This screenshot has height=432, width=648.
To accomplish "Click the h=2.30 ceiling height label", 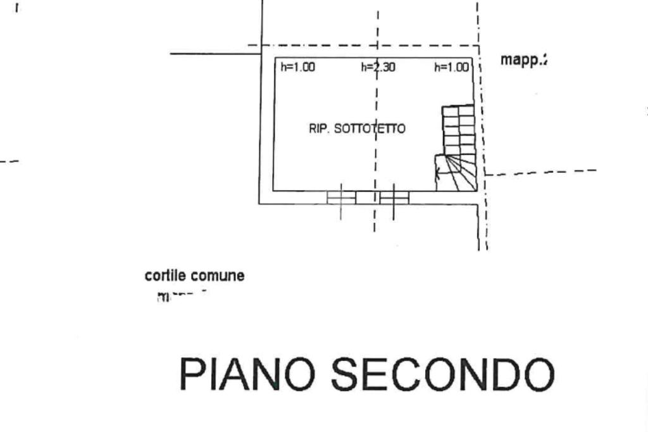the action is click(378, 67).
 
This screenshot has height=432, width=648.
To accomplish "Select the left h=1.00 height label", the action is click(297, 67).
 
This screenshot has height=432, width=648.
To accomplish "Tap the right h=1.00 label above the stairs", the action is click(451, 67).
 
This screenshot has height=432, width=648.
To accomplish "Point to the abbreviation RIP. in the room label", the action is click(318, 129).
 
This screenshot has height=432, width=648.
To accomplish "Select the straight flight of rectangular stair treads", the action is click(458, 129).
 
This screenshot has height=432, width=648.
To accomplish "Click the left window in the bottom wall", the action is click(341, 198).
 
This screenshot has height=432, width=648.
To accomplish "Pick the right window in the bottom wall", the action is click(394, 198).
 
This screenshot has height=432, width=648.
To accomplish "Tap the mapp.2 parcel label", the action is click(523, 60).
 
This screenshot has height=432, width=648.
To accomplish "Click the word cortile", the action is click(163, 276).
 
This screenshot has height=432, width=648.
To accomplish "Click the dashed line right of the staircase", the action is click(541, 172).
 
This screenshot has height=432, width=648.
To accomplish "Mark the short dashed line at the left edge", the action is click(9, 161).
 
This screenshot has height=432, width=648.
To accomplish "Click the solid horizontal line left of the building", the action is click(215, 54).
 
